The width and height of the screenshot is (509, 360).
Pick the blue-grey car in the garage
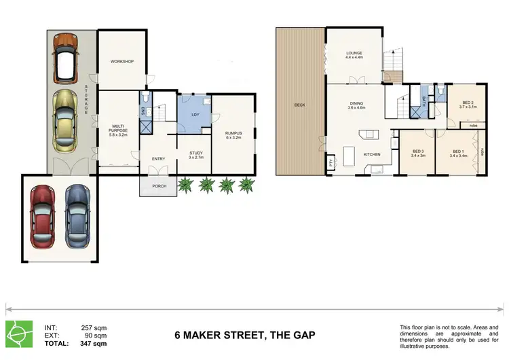tap(77, 217)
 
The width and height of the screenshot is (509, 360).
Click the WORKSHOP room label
tap(122, 62)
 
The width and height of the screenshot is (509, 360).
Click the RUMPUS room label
tap(233, 133)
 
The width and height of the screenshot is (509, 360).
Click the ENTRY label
tap(159, 159)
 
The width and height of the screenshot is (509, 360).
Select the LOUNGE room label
tap(354, 54)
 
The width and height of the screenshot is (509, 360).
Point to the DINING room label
tap(356, 104)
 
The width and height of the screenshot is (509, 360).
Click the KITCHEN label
tap(372, 155)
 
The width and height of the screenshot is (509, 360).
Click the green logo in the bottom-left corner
tap(18, 332)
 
